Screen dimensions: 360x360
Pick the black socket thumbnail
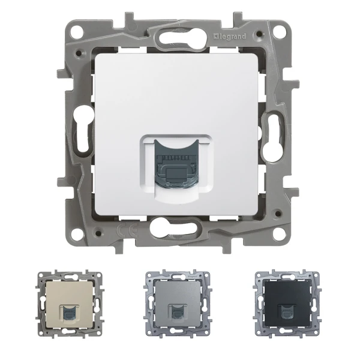pos(281,310)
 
